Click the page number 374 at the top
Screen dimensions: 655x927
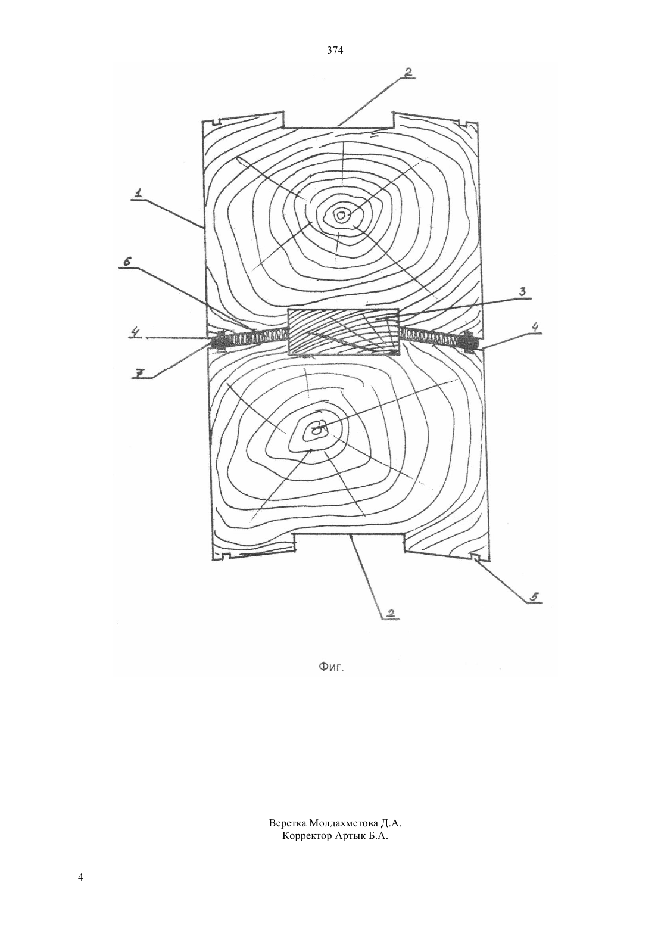pos(335,51)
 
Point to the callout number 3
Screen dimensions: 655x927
pos(522,292)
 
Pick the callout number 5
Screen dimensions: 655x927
pos(534,596)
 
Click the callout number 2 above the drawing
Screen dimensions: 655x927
pos(407,73)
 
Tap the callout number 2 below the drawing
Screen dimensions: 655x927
pos(391,612)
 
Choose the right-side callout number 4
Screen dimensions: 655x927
pos(535,328)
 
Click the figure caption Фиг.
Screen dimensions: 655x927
pos(331,667)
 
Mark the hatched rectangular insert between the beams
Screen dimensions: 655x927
pos(343,332)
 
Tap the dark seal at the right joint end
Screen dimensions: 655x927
pos(469,342)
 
